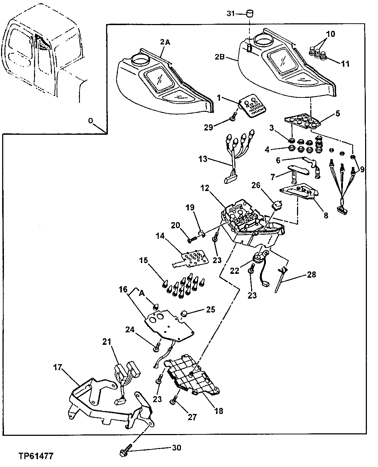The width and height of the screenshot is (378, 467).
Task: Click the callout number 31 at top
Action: pyautogui.click(x=231, y=14)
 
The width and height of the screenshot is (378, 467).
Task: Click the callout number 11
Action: pyautogui.click(x=345, y=64)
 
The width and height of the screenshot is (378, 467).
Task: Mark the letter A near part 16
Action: pyautogui.click(x=142, y=293)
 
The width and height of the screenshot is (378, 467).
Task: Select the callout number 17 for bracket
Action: pyautogui.click(x=58, y=367)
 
